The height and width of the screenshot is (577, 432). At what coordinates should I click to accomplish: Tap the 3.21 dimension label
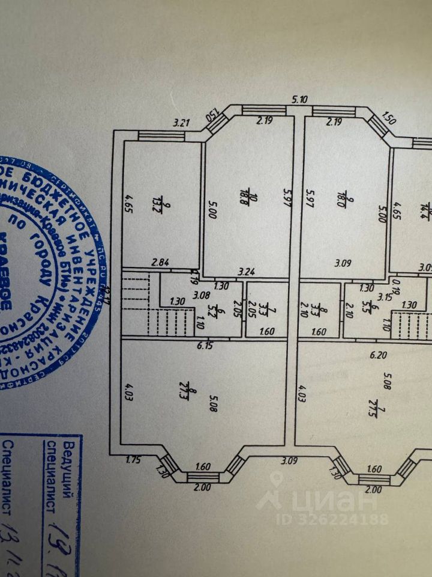[181, 124]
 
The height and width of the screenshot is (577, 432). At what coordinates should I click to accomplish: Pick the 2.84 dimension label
[160, 262]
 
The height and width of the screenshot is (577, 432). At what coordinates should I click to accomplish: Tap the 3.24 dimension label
[245, 271]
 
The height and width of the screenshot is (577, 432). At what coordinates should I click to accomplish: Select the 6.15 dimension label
[206, 345]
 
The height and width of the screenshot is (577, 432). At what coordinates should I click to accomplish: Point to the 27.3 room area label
[193, 397]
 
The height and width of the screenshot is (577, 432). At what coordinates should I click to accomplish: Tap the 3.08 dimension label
[202, 295]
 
